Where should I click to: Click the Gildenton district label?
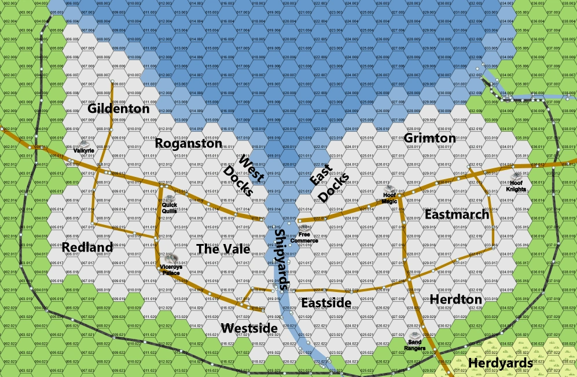119,109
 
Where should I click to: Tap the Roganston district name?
189,143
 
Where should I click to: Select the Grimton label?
430,138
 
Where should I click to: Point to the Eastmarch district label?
457,215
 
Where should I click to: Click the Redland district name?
87,247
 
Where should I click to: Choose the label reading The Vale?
223,249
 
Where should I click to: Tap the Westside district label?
249,328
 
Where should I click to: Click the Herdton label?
456,299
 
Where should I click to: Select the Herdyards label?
500,363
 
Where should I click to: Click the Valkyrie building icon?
83,144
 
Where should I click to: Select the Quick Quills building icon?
169,199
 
